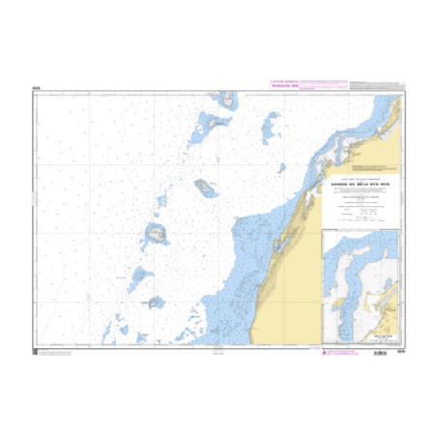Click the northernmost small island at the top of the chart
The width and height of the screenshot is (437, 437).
click(x=228, y=99)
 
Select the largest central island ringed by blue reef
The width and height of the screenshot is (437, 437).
click(x=154, y=233)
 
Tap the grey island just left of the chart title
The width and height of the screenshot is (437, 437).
click(x=205, y=187)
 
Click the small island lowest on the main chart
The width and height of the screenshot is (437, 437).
click(x=155, y=303)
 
